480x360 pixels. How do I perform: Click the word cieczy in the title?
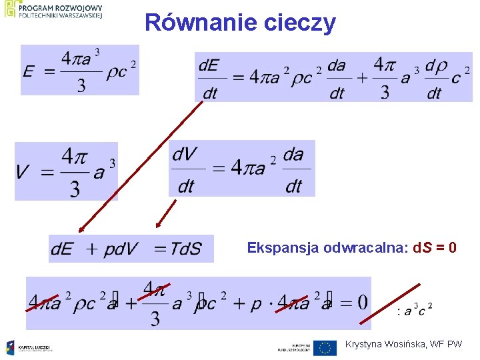click(299, 24)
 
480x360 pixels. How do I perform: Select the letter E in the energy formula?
click(29, 71)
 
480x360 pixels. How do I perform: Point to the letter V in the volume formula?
click(23, 173)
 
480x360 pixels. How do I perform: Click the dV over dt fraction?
click(185, 170)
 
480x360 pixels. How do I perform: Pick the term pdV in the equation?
click(120, 249)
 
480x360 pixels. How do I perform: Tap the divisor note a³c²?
click(415, 310)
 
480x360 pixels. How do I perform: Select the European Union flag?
click(325, 347)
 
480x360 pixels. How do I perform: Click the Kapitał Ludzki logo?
click(30, 347)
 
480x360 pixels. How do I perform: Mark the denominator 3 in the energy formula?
click(81, 85)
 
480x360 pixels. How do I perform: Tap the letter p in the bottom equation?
click(256, 304)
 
